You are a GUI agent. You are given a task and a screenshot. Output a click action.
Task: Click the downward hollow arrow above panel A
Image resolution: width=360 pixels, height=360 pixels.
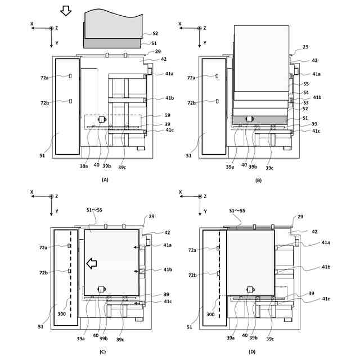66,10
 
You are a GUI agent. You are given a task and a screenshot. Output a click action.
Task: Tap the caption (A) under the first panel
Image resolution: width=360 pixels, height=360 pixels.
104,179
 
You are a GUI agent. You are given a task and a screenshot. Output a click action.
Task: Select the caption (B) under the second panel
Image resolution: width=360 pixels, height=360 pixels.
258,179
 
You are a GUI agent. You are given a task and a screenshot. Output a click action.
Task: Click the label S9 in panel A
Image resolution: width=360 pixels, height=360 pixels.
168,115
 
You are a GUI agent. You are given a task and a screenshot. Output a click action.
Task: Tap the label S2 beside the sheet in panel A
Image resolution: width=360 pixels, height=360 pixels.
155,34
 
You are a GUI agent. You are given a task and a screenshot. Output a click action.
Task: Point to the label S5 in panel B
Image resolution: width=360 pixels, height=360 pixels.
305,83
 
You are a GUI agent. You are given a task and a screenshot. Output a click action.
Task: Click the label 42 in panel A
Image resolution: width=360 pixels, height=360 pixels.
163,59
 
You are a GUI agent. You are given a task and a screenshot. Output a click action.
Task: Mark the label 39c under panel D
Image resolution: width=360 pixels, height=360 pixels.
269,339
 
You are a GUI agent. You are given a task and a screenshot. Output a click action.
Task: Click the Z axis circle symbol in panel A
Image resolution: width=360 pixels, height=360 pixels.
51,28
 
